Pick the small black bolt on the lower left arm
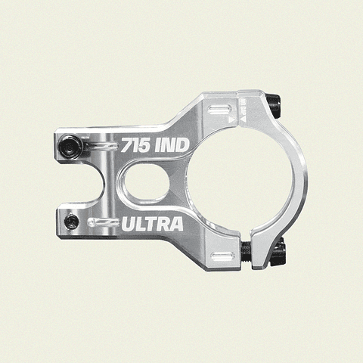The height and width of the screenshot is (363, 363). [70, 221]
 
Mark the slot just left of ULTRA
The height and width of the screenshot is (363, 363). [101, 222]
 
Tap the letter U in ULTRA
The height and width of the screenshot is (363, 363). [129, 224]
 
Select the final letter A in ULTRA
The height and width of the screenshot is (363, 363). [175, 224]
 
